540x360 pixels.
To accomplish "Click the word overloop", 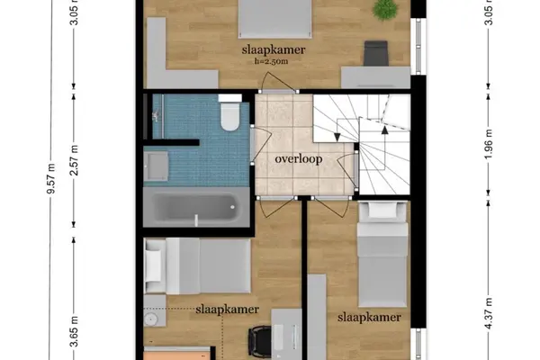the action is point(299,159).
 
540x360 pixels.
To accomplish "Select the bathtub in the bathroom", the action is point(196,207).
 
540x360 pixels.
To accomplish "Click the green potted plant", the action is point(384,10).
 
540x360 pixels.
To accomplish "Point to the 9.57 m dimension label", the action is point(51,178).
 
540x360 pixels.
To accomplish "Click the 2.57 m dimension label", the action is point(74,160).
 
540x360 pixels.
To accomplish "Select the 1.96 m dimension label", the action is point(489,144).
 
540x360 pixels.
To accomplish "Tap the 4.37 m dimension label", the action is point(489,314).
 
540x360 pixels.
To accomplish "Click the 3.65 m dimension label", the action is point(74,331).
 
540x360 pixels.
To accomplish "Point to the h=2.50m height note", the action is point(272,62).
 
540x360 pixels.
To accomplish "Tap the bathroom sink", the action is point(156,166).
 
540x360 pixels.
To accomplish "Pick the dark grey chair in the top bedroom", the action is point(376,53).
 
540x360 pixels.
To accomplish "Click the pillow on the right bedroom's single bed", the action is point(383,210).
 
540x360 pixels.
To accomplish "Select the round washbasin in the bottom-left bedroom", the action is point(150,319).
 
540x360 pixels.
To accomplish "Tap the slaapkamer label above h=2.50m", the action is point(274,50).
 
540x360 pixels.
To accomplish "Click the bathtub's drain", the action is point(233,207).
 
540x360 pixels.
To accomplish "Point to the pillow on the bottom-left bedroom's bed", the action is point(153,265).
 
